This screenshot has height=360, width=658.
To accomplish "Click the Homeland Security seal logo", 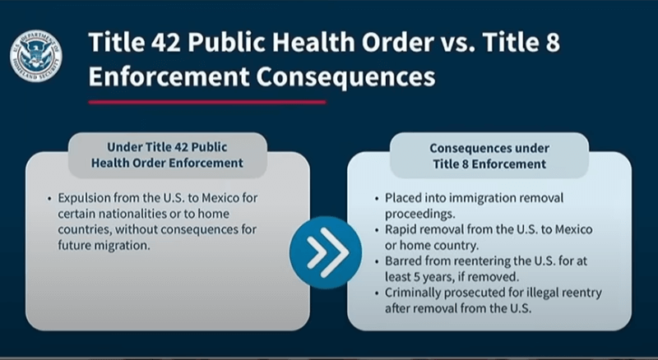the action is tap(36, 56).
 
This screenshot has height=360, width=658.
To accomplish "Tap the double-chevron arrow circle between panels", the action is tap(326, 252).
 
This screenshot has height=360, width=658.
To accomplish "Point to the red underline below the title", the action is tap(207, 102).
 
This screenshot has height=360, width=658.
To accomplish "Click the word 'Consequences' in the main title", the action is tap(345, 76).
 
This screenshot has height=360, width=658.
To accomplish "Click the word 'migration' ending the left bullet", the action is tap(124, 246).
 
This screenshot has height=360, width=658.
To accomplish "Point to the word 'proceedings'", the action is tap(419, 214).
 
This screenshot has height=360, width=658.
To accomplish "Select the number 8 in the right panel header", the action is tap(465, 164).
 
